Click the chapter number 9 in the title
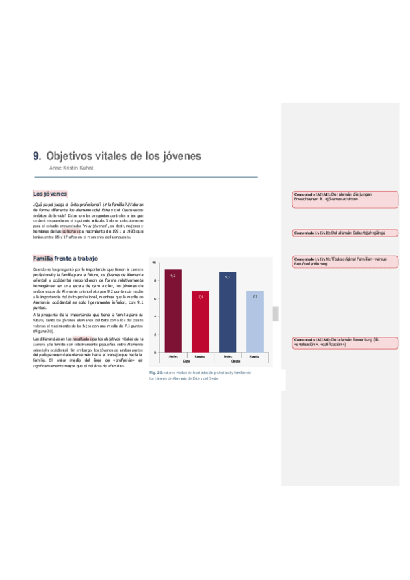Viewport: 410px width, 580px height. point(37,156)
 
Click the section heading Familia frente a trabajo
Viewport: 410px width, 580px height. point(65,259)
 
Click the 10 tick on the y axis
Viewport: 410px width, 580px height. point(154,262)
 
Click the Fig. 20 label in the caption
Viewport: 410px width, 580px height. point(155,373)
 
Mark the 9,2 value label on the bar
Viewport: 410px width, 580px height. point(172,275)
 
